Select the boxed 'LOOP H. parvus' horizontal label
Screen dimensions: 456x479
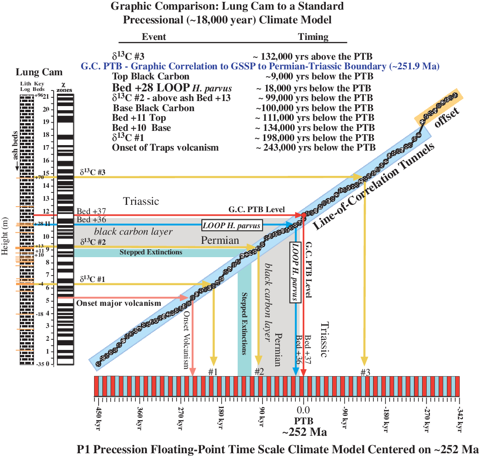pos(231,225)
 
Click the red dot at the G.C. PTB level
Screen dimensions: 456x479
pos(303,214)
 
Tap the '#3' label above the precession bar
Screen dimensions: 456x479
pos(365,372)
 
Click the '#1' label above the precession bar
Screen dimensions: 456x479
pos(212,372)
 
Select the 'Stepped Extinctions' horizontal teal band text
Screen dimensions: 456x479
pos(151,252)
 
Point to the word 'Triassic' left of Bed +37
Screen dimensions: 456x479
pos(141,201)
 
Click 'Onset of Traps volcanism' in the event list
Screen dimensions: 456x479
pos(165,147)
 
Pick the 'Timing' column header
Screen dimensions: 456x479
pos(313,37)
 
